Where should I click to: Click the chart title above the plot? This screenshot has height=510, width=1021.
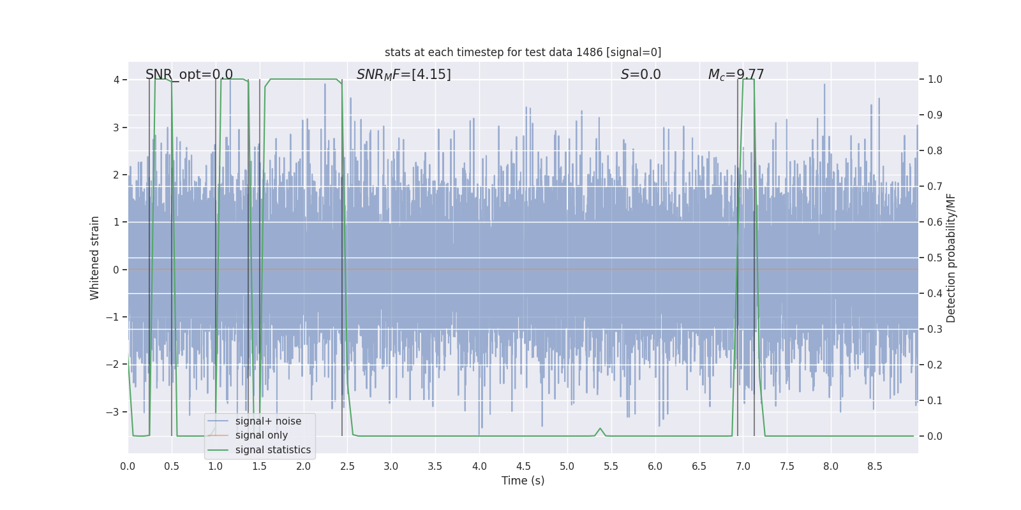[523, 52]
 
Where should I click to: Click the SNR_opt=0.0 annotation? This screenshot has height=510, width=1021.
[189, 75]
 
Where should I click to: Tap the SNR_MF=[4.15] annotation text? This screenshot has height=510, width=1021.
[403, 75]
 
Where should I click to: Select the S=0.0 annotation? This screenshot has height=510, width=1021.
[641, 75]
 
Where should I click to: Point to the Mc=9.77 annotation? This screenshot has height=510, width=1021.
[736, 75]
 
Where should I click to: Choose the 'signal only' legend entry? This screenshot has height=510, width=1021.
[261, 435]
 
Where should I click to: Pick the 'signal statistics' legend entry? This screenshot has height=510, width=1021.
[272, 450]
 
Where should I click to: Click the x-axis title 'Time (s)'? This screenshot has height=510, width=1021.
[523, 481]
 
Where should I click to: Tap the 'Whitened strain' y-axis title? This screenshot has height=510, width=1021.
[95, 258]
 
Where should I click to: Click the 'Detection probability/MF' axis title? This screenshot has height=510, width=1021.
[951, 258]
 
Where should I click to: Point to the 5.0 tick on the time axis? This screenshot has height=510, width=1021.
[567, 466]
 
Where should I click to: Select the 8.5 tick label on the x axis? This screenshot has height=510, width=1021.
[875, 466]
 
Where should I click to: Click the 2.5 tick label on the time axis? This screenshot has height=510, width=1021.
[347, 466]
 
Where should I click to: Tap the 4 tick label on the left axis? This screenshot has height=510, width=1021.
[116, 80]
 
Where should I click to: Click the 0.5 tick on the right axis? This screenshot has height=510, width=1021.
[935, 258]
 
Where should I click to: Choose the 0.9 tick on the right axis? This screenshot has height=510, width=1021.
[935, 115]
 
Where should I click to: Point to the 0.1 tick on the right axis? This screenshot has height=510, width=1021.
[935, 400]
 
